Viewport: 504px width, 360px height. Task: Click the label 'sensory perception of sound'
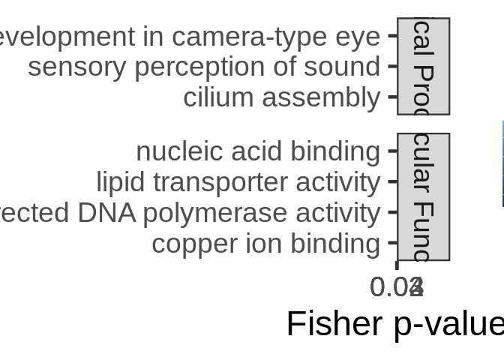click(x=204, y=67)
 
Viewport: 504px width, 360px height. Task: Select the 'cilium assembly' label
click(x=281, y=97)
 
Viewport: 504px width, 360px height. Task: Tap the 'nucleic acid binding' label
click(x=258, y=151)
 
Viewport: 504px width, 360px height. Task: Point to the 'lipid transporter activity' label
click(x=238, y=182)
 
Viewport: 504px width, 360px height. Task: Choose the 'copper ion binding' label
click(x=265, y=244)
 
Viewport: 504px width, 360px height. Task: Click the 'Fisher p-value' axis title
click(x=394, y=324)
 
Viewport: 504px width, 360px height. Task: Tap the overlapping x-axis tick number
click(x=397, y=286)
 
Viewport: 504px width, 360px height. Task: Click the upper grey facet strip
click(x=423, y=66)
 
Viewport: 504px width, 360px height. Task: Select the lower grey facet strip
click(x=423, y=197)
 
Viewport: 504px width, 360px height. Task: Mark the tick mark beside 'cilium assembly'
click(x=392, y=97)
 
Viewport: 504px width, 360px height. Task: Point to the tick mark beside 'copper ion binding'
click(x=392, y=243)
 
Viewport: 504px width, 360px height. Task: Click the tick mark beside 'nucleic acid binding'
click(x=392, y=151)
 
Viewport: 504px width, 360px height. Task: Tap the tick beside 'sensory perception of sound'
click(x=392, y=66)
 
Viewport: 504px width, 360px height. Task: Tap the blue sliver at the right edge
click(x=502, y=163)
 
